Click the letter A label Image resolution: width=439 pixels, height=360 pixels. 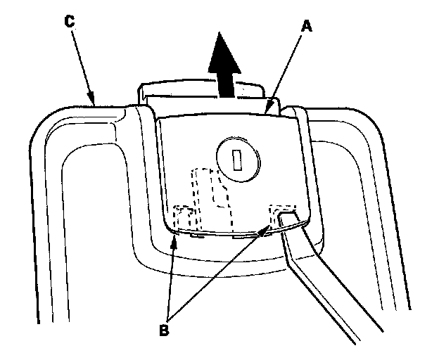click(305, 26)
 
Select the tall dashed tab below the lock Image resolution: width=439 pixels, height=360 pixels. click(211, 190)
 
